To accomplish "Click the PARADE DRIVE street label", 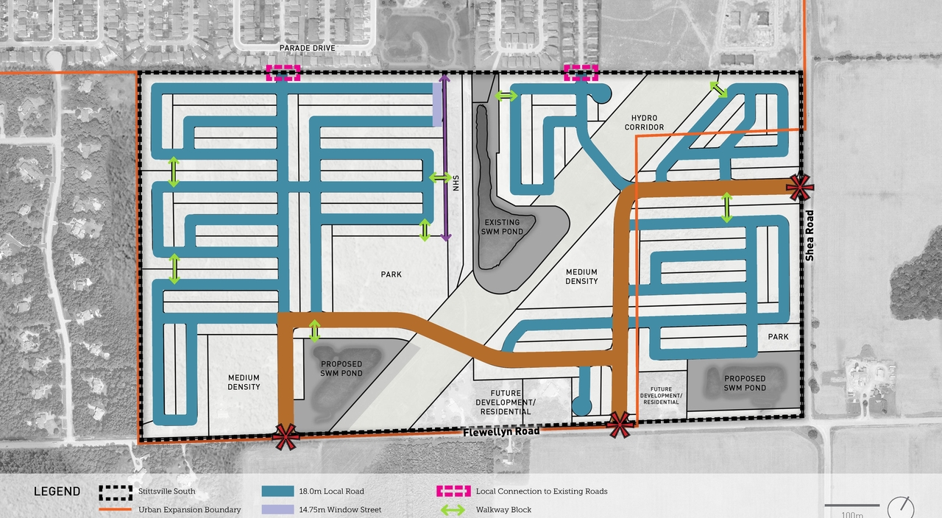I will click(x=308, y=49).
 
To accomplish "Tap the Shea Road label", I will click(x=810, y=235).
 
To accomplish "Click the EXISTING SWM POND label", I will click(x=503, y=227).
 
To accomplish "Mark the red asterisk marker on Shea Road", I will click(x=800, y=188).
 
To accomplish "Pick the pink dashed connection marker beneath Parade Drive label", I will click(x=283, y=72).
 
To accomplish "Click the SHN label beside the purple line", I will click(x=456, y=182).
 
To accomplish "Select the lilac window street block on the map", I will click(x=437, y=104).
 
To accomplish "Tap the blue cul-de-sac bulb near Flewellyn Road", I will click(x=582, y=405).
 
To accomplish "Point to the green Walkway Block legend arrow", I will click(x=452, y=510).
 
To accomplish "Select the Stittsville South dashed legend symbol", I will click(x=114, y=492).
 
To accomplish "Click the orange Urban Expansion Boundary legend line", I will click(x=114, y=509).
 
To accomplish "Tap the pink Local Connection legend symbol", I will click(x=452, y=492).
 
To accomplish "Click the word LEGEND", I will click(x=57, y=492).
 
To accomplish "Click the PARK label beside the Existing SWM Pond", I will click(x=391, y=274).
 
